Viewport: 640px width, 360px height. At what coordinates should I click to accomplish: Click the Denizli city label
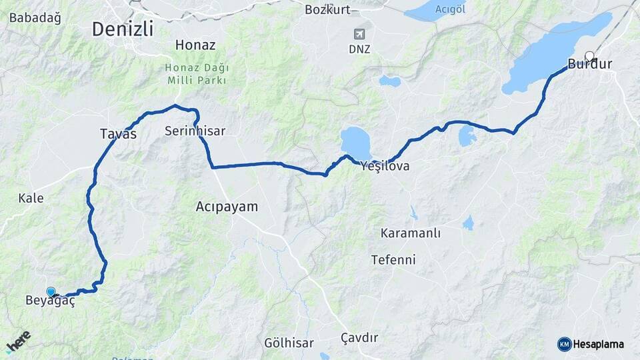coord(123,29)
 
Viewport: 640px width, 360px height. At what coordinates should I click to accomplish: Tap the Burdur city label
coord(590,65)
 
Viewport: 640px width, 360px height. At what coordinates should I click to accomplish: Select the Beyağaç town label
coord(49,301)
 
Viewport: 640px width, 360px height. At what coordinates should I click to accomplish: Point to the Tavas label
coord(118,134)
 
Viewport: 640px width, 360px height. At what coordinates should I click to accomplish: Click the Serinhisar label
coord(195,132)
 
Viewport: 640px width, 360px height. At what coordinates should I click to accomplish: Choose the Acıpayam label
coord(227,207)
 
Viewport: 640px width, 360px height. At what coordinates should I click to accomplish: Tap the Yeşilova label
coord(385,166)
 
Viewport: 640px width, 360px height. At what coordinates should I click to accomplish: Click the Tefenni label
coord(393,259)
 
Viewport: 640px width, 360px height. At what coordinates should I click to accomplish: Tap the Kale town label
coord(31,198)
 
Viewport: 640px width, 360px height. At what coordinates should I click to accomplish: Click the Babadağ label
coord(35,18)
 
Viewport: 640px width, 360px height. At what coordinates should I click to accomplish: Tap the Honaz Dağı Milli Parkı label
coord(197,74)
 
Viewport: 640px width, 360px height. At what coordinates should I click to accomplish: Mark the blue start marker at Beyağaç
coord(51,291)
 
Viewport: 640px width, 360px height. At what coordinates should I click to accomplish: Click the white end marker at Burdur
coord(589,55)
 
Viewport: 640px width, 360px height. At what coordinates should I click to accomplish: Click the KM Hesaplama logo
coord(591,344)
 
